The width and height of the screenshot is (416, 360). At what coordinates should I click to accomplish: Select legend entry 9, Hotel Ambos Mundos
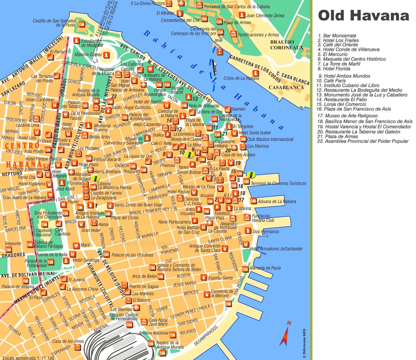[x=345, y=76]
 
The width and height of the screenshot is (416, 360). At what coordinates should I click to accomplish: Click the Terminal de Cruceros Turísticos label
[x=278, y=183]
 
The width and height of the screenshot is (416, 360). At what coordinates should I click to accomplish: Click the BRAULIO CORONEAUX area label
[x=287, y=45]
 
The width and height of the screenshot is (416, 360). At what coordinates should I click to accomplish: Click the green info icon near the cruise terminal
[x=251, y=175]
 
